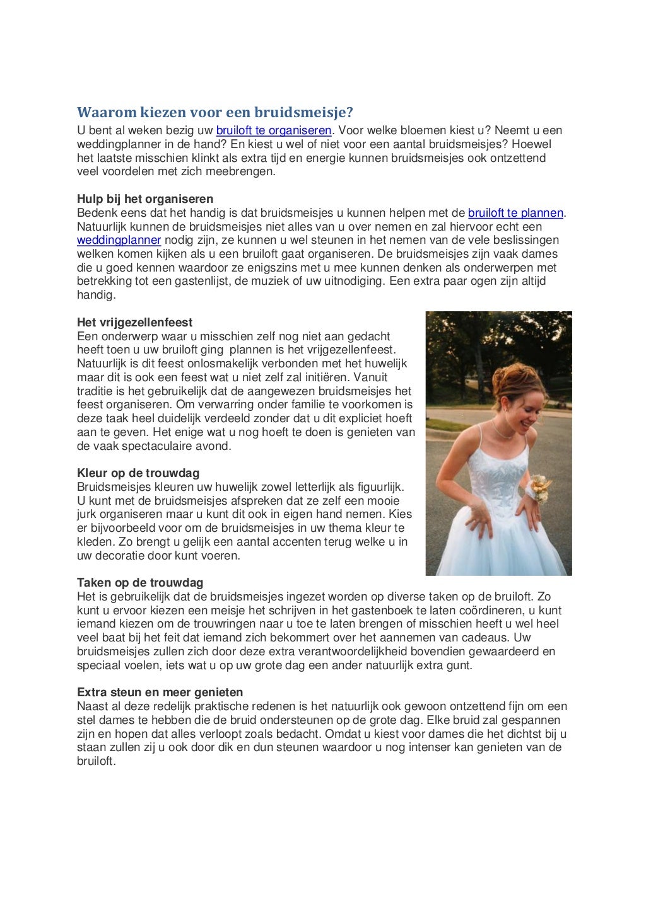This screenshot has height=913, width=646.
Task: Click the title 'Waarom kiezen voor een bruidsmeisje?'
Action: pos(215,113)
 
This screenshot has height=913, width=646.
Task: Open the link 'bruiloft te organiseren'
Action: pos(273,130)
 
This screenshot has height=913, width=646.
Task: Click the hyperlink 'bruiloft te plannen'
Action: pos(515,213)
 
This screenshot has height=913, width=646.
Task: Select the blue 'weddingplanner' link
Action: pos(119,240)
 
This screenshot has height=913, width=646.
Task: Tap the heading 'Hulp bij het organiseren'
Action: pos(145,199)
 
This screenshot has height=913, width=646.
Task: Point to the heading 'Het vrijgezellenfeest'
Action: pos(135,323)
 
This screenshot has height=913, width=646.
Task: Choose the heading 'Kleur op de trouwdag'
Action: pos(138,473)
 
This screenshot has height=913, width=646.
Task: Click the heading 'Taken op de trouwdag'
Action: pos(140,583)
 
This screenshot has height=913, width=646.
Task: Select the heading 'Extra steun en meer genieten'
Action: pos(160,692)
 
